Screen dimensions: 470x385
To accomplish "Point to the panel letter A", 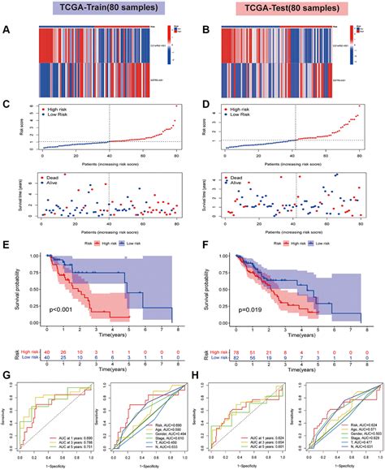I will click(x=7, y=32).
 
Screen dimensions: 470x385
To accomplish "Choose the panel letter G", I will click(x=7, y=375).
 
